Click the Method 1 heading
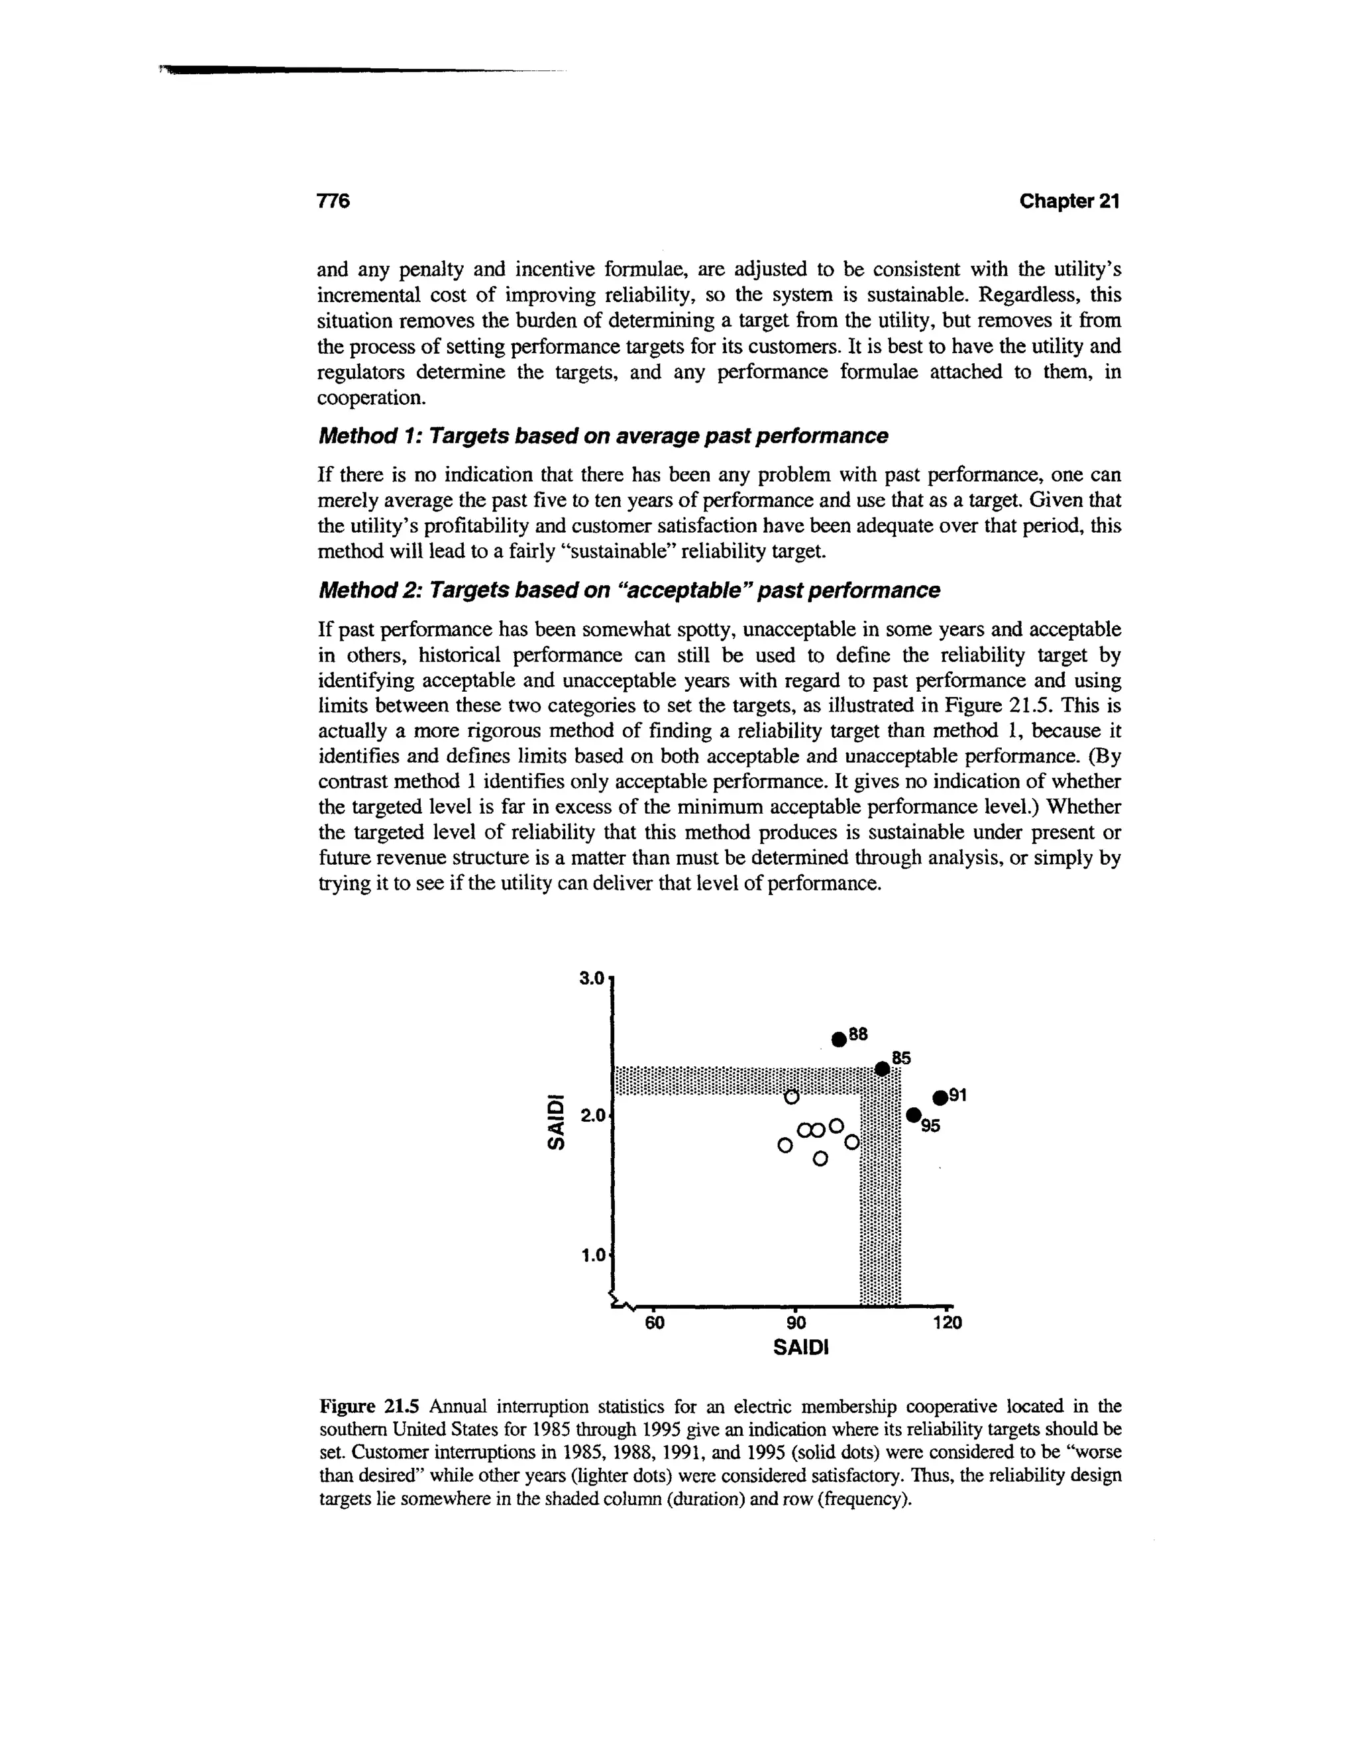coord(603,436)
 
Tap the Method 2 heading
coord(629,590)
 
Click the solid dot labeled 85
coord(882,1069)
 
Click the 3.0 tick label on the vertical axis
coord(591,979)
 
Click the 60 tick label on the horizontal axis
coord(655,1323)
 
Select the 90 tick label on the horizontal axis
coord(795,1323)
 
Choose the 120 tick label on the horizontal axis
coord(946,1323)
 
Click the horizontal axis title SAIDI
coord(800,1348)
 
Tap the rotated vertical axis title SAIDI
coord(555,1119)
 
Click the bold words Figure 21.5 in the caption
coord(370,1406)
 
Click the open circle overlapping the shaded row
coord(791,1097)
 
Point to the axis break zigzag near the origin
coord(622,1301)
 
